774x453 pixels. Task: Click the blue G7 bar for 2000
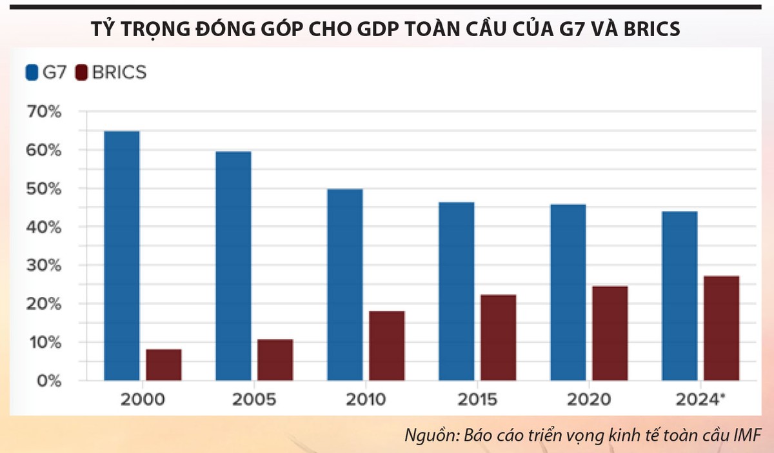pyautogui.click(x=121, y=256)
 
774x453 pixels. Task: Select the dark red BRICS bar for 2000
pyautogui.click(x=163, y=365)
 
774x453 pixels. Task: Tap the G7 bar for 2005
pyautogui.click(x=233, y=266)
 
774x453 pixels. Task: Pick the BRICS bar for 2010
pyautogui.click(x=387, y=346)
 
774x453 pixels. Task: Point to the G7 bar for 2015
pyautogui.click(x=457, y=291)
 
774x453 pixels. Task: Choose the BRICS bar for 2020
pyautogui.click(x=610, y=333)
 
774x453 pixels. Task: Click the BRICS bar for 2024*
pyautogui.click(x=722, y=328)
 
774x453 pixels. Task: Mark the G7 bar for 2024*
pyautogui.click(x=680, y=296)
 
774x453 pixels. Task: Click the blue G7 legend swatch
pyautogui.click(x=32, y=72)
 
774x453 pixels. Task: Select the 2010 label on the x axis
pyautogui.click(x=366, y=399)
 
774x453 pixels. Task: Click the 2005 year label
pyautogui.click(x=254, y=399)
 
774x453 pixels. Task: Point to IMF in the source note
pyautogui.click(x=748, y=434)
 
